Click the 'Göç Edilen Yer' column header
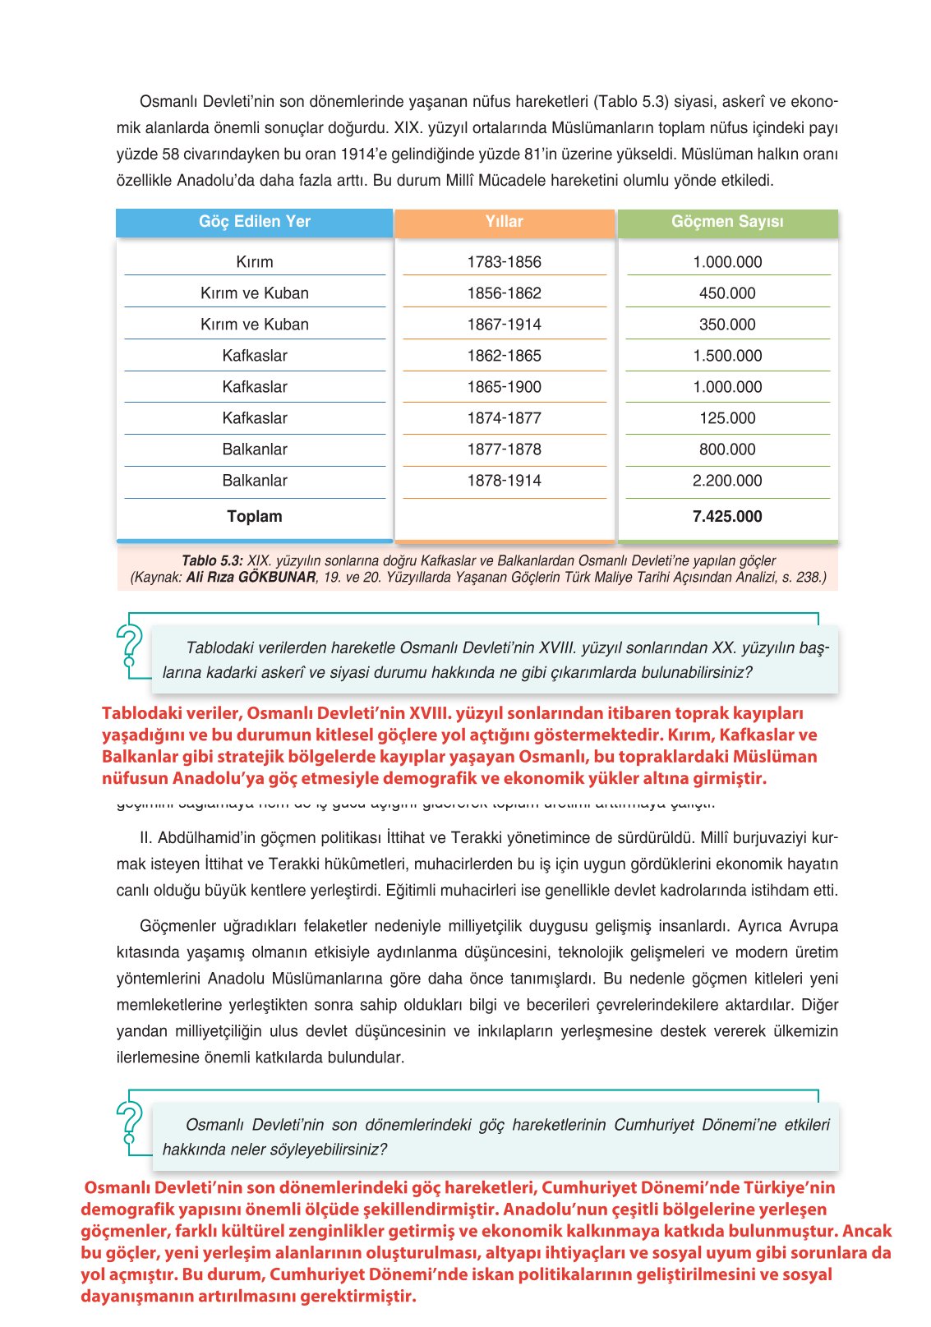[x=254, y=222]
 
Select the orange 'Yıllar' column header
[x=504, y=222]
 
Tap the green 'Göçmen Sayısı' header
[x=727, y=222]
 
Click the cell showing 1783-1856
[x=504, y=262]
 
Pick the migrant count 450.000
[x=727, y=293]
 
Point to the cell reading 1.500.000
[x=727, y=356]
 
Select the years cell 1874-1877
[x=504, y=418]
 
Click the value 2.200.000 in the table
[x=727, y=481]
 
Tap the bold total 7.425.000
[x=727, y=517]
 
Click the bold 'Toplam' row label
[x=254, y=517]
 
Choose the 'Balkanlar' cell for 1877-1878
[x=254, y=449]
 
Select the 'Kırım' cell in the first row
[x=254, y=262]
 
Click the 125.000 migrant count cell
[x=727, y=418]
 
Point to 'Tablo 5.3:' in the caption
[x=212, y=561]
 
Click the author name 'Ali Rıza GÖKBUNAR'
[x=251, y=578]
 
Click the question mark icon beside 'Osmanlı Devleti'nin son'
[x=130, y=1122]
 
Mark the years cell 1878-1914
[x=504, y=481]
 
